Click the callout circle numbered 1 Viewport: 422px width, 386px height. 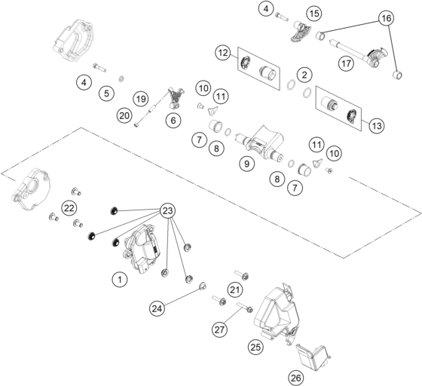118,280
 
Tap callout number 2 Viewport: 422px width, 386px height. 303,75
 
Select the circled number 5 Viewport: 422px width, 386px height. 106,93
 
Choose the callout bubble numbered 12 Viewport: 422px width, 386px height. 222,53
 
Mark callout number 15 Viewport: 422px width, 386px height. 313,13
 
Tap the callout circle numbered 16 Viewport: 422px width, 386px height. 386,17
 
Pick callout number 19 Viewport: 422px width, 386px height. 140,98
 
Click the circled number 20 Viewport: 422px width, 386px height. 125,115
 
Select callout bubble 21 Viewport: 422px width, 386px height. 235,289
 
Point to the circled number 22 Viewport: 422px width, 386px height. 69,207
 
